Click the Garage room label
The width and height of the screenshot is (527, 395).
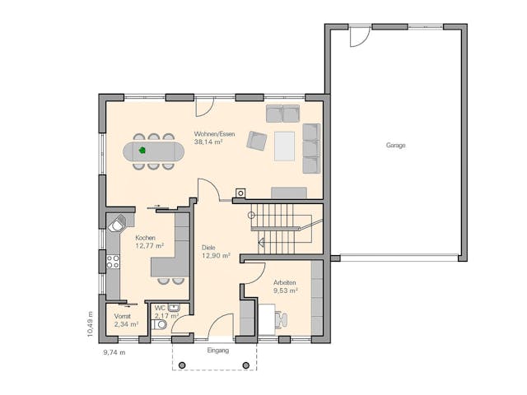tap(395, 146)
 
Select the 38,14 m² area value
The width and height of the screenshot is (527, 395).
tap(208, 142)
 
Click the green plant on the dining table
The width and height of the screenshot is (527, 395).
tap(142, 151)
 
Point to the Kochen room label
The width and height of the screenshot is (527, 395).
tap(146, 238)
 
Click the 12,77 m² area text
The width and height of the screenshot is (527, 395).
tap(149, 245)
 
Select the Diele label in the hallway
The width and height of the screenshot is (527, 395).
tap(210, 247)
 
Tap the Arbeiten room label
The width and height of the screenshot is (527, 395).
tap(285, 282)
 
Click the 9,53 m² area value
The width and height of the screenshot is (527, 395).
tap(285, 290)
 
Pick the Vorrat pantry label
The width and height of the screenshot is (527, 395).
tap(123, 316)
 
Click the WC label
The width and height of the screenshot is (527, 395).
tap(160, 308)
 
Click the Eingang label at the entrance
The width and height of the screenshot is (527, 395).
tap(217, 350)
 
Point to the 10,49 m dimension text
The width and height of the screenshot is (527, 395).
tap(90, 323)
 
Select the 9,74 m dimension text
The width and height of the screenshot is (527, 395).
tap(114, 352)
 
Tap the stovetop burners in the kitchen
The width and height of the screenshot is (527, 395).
tap(113, 262)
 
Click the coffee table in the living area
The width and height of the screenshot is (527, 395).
tap(285, 146)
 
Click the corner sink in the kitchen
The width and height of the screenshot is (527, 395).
tap(119, 224)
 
